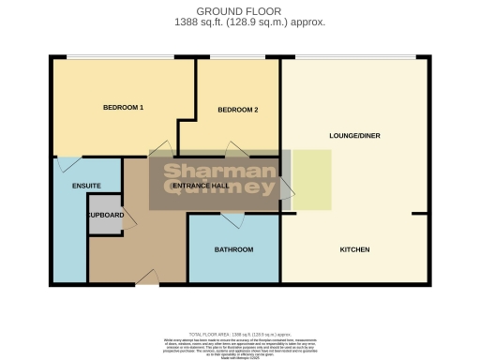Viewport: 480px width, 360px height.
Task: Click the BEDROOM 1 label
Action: tap(123, 108)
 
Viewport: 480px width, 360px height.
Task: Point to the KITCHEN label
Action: tap(354, 250)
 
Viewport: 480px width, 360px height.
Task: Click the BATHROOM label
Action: tap(233, 250)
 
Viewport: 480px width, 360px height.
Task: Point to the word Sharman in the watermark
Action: tap(221, 172)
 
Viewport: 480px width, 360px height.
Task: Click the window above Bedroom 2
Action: tap(244, 58)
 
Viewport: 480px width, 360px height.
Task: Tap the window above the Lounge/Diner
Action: tap(354, 58)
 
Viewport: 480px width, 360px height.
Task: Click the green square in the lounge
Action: tap(311, 179)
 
